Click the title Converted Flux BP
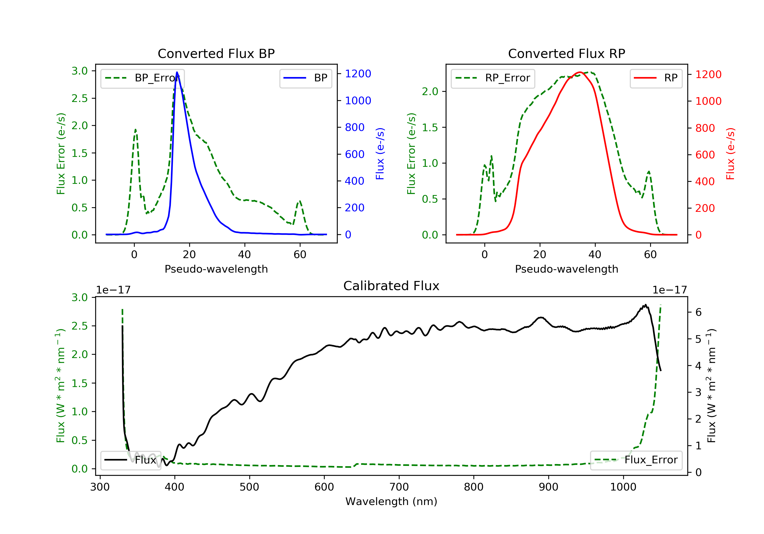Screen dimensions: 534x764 tap(216, 53)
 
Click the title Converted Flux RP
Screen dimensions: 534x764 tap(566, 53)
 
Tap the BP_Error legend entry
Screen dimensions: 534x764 tap(142, 78)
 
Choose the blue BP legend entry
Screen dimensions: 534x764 tap(305, 78)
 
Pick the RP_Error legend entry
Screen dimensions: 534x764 tap(493, 78)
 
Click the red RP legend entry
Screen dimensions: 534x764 tap(656, 78)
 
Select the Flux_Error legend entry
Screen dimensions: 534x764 tap(636, 460)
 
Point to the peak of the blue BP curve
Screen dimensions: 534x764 tap(177, 72)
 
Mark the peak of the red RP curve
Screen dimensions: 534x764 tap(580, 72)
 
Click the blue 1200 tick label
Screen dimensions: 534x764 tap(358, 74)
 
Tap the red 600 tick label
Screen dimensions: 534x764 tap(705, 155)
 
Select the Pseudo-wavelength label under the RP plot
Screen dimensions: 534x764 tap(566, 269)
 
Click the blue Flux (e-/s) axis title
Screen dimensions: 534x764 tap(380, 154)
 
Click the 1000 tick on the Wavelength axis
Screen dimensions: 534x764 tap(623, 487)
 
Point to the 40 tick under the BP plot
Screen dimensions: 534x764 tap(244, 255)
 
